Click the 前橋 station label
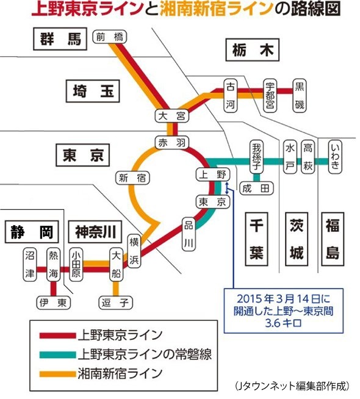[110, 37]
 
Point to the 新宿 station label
[132, 178]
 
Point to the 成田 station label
[256, 188]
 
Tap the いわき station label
[335, 156]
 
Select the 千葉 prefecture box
[256, 239]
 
